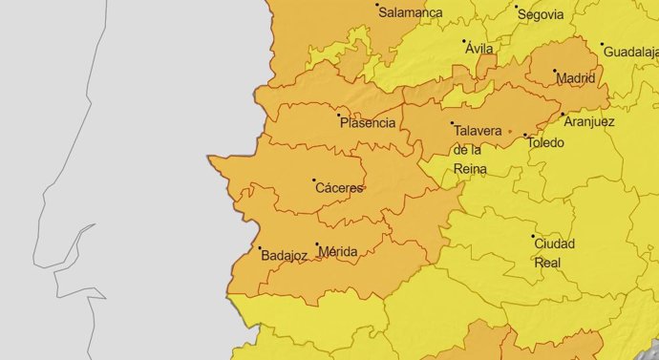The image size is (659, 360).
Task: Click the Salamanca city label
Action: [411, 12]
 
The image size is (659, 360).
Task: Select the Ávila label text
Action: [479, 49]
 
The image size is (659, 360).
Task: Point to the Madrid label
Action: [576, 78]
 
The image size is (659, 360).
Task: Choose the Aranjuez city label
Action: [589, 121]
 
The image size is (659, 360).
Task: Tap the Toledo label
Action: [545, 143]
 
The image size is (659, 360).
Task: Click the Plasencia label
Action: [368, 122]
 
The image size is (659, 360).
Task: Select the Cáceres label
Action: [339, 188]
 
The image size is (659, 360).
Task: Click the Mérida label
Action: [339, 252]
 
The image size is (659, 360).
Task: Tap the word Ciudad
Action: [555, 243]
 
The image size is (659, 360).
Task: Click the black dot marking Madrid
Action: [555, 71]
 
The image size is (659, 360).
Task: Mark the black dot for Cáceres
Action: [313, 180]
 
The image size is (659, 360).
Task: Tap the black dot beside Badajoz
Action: [260, 248]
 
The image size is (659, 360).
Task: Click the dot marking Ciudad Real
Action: [533, 235]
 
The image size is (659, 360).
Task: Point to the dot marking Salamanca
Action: [376, 4]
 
